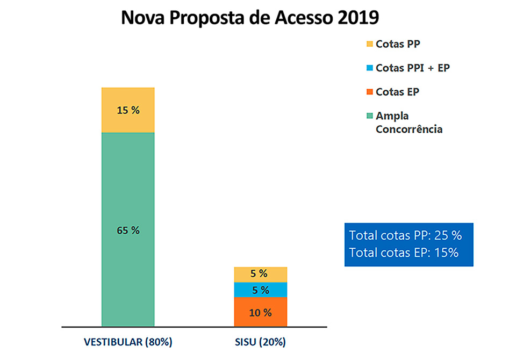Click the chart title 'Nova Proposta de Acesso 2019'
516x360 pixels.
(x=250, y=17)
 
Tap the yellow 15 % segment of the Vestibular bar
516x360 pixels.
(x=128, y=110)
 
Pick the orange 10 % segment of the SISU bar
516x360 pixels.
(x=261, y=312)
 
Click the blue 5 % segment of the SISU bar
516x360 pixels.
(x=261, y=290)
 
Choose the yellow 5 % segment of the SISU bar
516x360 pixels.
(x=261, y=274)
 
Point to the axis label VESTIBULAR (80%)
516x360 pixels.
(x=128, y=342)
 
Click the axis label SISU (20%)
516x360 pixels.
(x=260, y=342)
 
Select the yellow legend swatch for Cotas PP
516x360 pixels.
(x=369, y=45)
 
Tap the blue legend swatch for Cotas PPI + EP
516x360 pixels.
(x=369, y=68)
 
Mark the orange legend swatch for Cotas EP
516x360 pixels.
(x=369, y=92)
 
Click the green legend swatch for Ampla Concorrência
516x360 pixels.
(x=369, y=116)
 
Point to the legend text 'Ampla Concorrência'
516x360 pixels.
(x=409, y=123)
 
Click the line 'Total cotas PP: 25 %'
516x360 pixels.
(x=405, y=235)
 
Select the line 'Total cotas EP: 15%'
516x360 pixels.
(x=404, y=253)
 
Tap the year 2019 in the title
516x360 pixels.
(x=359, y=17)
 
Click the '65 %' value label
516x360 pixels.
(x=128, y=230)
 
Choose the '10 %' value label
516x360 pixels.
(x=260, y=312)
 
